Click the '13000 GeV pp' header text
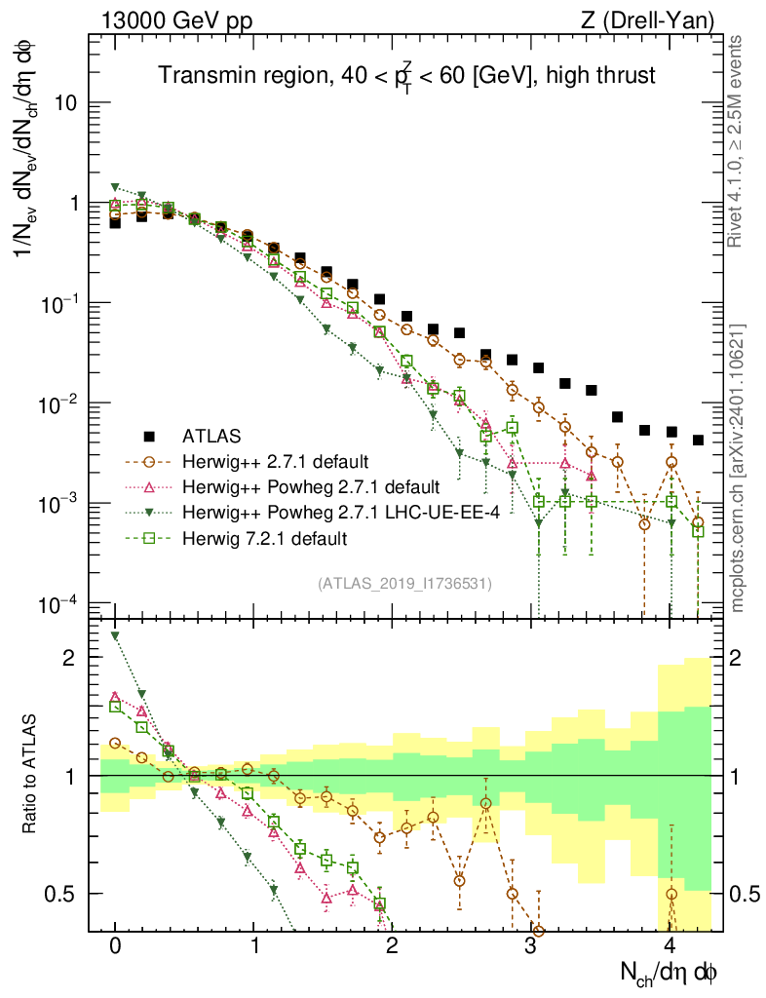169,19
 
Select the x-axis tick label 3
531,946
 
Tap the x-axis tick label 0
115,946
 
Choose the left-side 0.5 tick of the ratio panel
63,894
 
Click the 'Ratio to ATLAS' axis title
31,776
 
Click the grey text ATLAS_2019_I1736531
404,584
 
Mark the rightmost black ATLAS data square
698,441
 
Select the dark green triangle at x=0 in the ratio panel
115,635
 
